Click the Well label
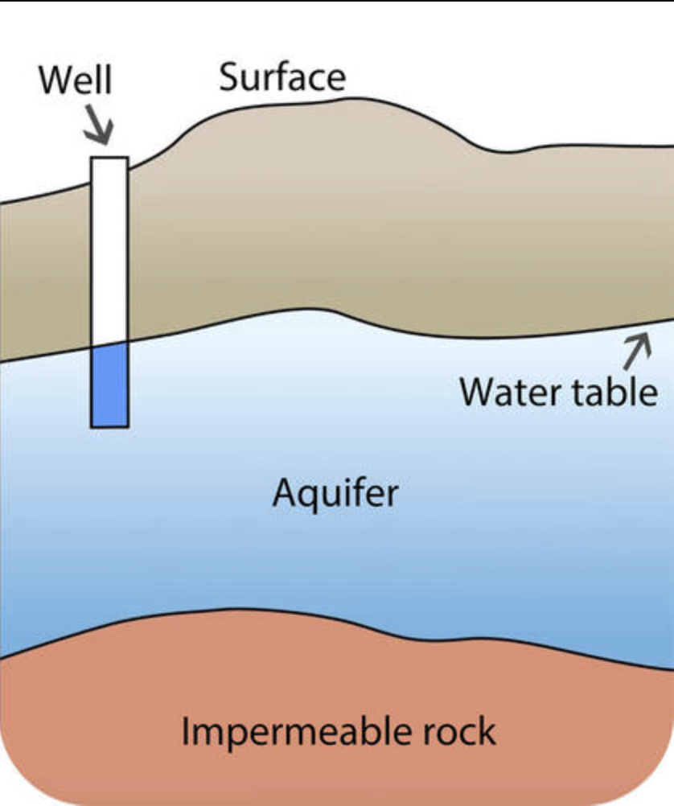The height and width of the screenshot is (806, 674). (x=76, y=80)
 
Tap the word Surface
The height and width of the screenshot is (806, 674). (x=282, y=77)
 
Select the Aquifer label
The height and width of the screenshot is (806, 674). (x=335, y=492)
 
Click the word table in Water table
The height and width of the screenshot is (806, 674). (x=614, y=392)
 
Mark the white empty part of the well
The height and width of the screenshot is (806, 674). (x=109, y=249)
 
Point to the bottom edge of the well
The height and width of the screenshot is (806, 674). (x=109, y=426)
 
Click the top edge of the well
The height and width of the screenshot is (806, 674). (x=109, y=158)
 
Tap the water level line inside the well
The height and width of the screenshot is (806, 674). (x=109, y=345)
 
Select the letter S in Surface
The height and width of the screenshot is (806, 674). (x=229, y=77)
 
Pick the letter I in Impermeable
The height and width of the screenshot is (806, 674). (x=187, y=731)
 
